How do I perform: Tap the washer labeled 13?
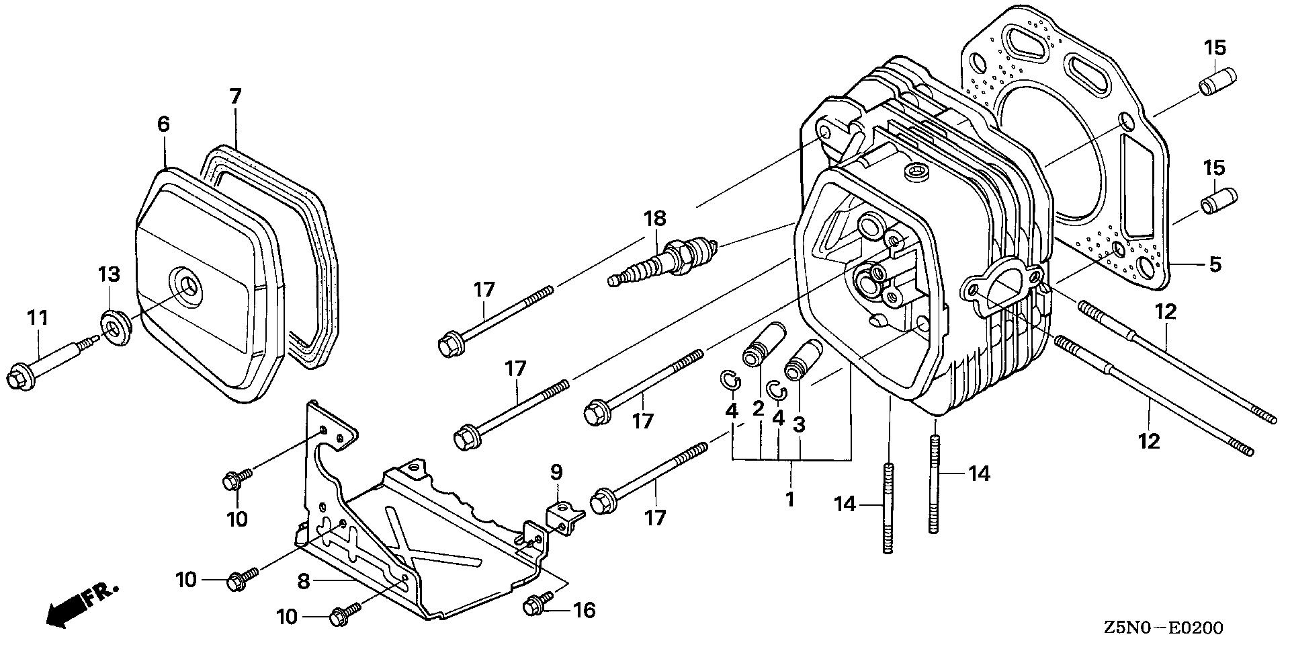pos(116,327)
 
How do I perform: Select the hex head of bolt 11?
pos(17,377)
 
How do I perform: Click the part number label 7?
pos(234,96)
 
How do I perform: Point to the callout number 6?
pos(163,124)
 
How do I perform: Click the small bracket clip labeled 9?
pos(565,519)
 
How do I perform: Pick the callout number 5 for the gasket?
pos(1215,264)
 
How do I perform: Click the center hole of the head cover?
pos(187,285)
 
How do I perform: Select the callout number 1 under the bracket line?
pos(790,499)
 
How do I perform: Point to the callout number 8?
pos(304,582)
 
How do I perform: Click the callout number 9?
pos(556,472)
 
